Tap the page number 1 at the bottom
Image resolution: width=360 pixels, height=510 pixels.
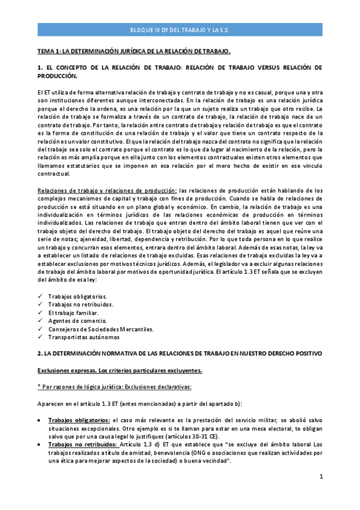[322, 476]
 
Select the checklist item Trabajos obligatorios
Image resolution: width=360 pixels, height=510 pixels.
[78, 297]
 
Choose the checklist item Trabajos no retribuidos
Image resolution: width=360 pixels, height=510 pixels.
[79, 305]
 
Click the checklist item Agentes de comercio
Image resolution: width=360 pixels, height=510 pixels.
[76, 321]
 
